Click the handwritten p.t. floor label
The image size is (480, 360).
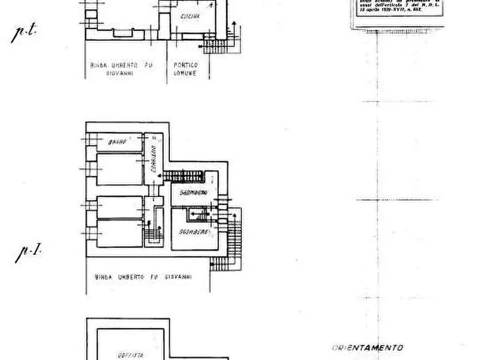pos(24,33)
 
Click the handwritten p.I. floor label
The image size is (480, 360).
pos(28,253)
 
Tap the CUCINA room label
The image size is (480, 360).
pos(190,17)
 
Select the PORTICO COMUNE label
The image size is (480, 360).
pos(185,69)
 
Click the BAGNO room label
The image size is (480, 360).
pos(117,142)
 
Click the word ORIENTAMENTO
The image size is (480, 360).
pos(367,348)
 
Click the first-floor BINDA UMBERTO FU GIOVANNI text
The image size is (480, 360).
pos(144,278)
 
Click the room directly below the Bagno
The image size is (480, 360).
pos(119,169)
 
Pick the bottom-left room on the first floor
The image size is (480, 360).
pos(119,233)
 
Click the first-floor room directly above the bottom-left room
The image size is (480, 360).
pos(119,207)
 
